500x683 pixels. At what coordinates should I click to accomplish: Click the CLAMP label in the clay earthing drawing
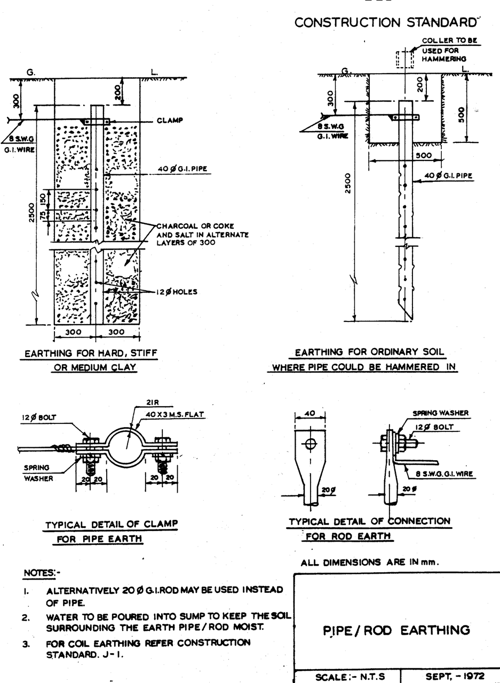click(x=170, y=120)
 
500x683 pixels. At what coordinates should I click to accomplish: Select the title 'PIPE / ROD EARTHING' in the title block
click(x=396, y=630)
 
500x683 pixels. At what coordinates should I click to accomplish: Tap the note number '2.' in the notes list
click(x=25, y=616)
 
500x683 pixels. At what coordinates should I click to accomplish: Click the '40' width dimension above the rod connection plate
click(x=310, y=413)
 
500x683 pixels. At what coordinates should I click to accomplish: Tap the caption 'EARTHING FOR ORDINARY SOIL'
click(x=369, y=352)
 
